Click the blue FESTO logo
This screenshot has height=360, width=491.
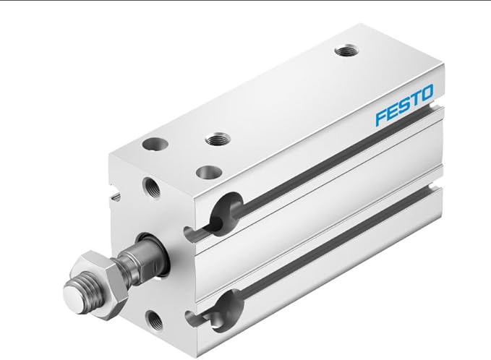[404, 104]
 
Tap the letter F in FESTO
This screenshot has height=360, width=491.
[381, 116]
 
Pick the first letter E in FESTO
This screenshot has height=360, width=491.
[392, 111]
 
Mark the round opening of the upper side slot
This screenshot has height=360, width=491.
[226, 208]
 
